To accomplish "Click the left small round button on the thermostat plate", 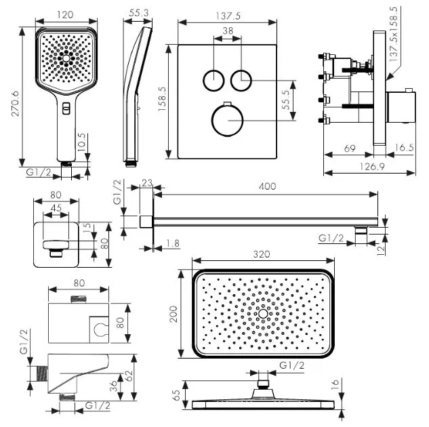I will [213, 80].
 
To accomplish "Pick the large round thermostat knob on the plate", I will [227, 119].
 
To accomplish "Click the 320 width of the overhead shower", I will [263, 255].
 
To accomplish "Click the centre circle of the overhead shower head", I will [263, 314].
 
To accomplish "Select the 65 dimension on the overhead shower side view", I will [177, 395].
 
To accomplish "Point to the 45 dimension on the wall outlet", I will [58, 208].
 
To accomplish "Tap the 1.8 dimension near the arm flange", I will [173, 242].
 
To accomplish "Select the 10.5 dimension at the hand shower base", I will [81, 144].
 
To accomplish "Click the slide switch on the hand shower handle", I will [66, 108].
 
